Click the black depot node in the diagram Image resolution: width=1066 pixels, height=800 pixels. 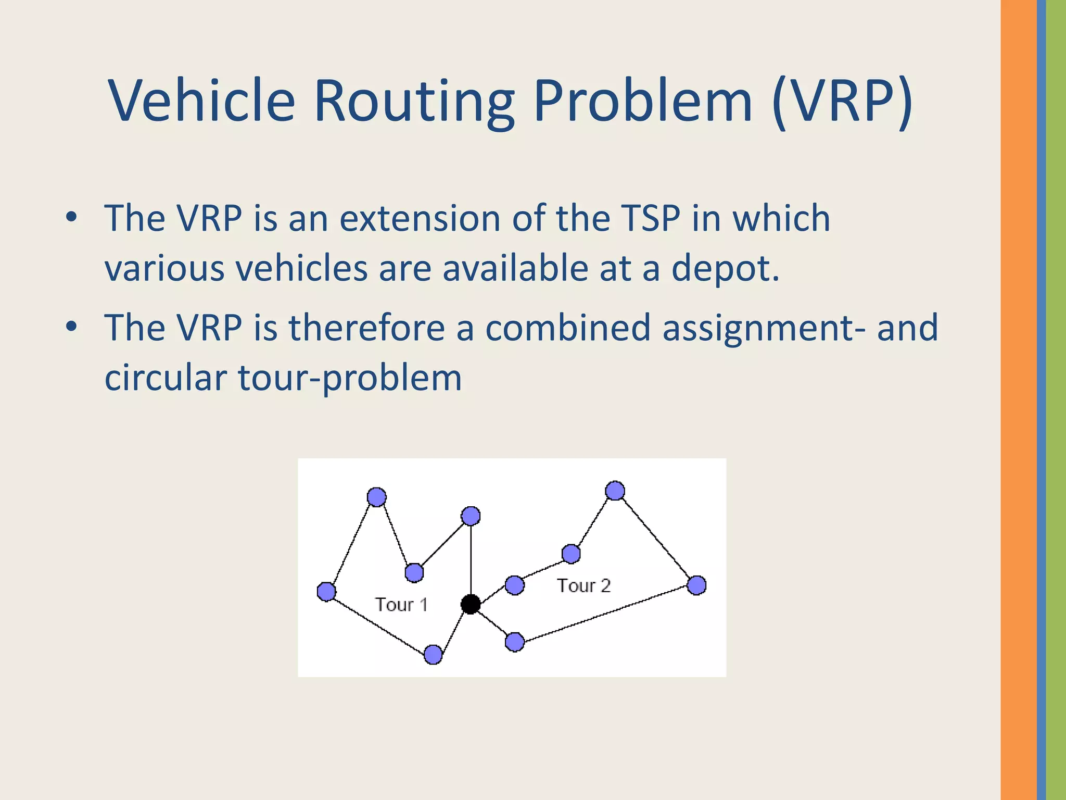coord(471,604)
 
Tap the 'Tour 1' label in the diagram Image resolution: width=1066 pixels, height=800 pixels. coord(401,605)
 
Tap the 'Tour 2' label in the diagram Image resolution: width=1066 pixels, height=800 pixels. coord(583,586)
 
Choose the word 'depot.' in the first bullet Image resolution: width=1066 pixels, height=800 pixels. coord(726,269)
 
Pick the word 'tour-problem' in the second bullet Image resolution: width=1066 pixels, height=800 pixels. coord(350,378)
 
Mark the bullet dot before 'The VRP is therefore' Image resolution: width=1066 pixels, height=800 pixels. coord(72,327)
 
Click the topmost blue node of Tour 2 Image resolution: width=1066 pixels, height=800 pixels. coord(615,491)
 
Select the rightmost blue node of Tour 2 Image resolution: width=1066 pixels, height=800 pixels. coord(696,585)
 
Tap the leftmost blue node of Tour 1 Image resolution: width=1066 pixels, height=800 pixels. coord(326,592)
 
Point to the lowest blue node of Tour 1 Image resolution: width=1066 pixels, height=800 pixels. coord(433,655)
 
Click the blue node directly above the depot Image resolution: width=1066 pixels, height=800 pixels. coord(471,516)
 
